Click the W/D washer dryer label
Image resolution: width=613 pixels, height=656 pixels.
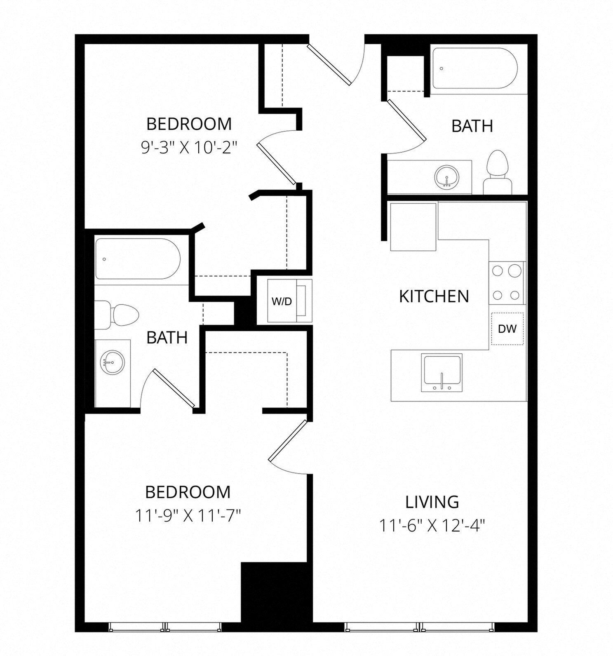click(x=282, y=301)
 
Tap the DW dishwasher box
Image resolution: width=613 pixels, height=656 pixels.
click(x=507, y=329)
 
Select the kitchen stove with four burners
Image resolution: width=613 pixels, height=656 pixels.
click(x=506, y=283)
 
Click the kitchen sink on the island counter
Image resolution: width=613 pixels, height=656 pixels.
click(x=442, y=372)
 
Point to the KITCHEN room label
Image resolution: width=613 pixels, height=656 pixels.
click(x=434, y=296)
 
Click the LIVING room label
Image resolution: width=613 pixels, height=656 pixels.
click(x=432, y=502)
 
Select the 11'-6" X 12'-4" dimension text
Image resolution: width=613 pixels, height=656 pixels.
click(x=432, y=525)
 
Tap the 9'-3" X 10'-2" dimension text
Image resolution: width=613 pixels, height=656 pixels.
click(x=189, y=147)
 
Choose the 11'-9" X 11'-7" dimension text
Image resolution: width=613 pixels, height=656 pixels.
click(x=188, y=515)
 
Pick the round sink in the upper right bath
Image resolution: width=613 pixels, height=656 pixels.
click(x=446, y=177)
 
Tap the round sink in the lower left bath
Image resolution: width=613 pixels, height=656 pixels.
click(x=112, y=362)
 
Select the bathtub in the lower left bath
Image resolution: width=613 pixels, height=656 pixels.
click(x=138, y=259)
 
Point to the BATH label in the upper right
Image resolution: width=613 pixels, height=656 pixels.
click(x=472, y=126)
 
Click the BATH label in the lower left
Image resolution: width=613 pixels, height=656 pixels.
click(x=167, y=338)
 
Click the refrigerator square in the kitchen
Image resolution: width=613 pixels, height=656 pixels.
click(x=413, y=227)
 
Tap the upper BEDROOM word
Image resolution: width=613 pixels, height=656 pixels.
click(x=189, y=124)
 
